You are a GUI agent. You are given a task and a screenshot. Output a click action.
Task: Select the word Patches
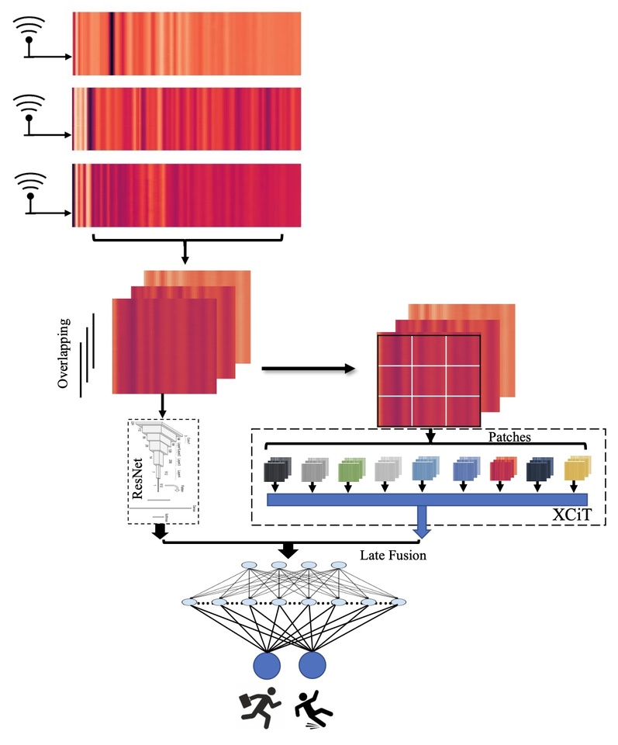point(509,437)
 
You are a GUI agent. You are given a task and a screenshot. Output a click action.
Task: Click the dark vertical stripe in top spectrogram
point(112,43)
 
